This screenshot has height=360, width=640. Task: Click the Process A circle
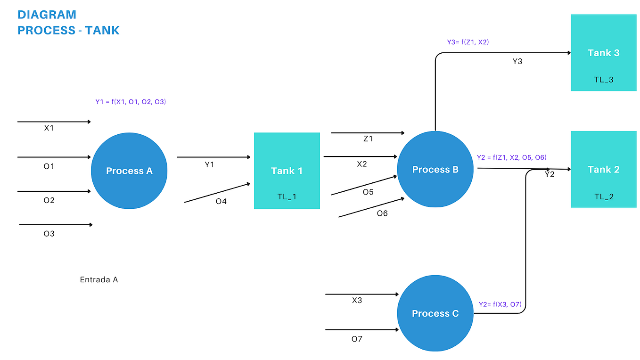tap(129, 171)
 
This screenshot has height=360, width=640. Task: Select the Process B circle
tap(435, 169)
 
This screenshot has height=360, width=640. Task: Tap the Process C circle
tap(435, 313)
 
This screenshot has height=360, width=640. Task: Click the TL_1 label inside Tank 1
tap(287, 196)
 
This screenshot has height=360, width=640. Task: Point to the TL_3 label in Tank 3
tap(603, 80)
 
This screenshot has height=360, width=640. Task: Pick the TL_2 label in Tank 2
tap(603, 196)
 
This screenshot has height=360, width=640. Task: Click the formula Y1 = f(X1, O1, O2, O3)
tap(131, 101)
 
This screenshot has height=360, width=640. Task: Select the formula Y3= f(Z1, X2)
tap(468, 42)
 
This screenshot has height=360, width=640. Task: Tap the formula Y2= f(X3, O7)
tap(500, 304)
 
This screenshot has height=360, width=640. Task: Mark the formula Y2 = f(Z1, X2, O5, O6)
tap(511, 157)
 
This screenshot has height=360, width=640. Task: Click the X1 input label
tap(49, 128)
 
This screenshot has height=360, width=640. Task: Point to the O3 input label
tap(49, 233)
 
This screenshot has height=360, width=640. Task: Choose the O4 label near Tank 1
tap(221, 201)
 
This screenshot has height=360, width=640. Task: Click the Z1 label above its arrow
tap(368, 139)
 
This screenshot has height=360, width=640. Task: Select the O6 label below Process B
tap(382, 213)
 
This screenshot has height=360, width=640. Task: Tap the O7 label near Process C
tap(357, 339)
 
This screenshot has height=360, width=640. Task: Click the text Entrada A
tap(99, 279)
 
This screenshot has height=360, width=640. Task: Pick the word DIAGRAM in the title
tap(47, 15)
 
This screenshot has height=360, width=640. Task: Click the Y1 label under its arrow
tap(209, 164)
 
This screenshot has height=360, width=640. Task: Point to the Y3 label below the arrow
tap(517, 61)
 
